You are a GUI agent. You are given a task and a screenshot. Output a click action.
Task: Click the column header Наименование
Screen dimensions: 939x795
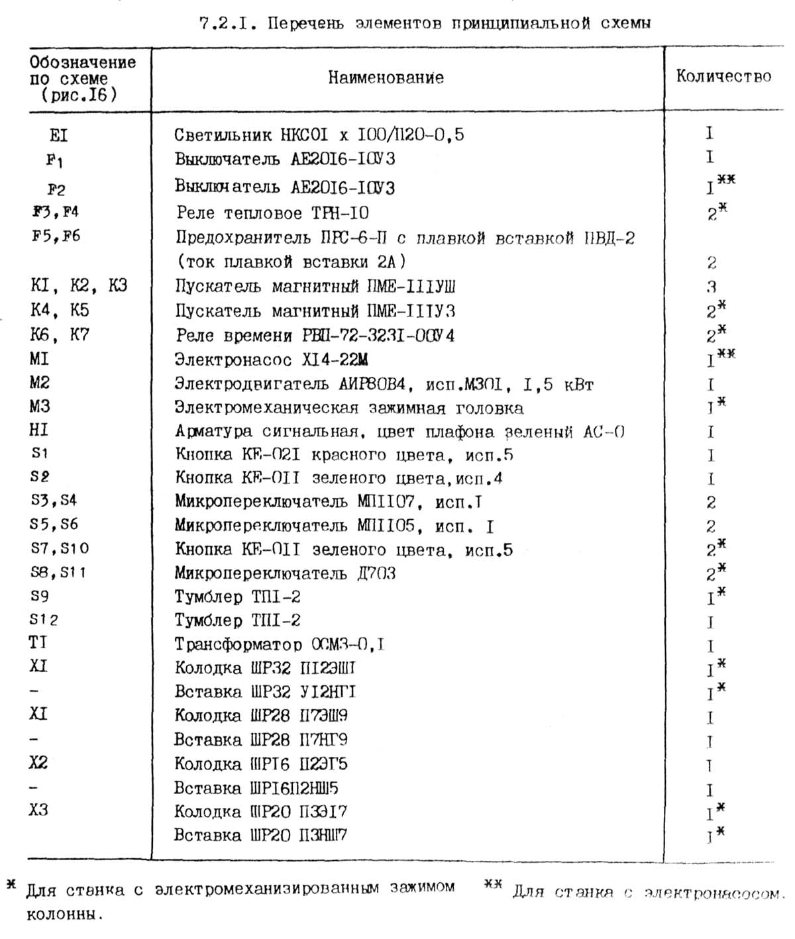coord(386,77)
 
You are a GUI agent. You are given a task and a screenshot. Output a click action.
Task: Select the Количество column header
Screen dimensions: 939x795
coord(723,76)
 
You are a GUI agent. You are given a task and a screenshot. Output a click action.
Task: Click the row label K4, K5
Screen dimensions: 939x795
coord(60,311)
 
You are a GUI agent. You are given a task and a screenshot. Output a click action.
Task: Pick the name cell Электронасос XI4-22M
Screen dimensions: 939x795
coord(271,360)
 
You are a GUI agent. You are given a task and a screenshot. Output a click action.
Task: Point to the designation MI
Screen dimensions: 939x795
coord(39,359)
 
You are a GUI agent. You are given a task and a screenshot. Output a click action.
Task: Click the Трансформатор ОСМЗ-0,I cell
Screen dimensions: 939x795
coord(280,644)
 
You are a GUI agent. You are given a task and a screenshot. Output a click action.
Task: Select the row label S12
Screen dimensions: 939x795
coord(44,620)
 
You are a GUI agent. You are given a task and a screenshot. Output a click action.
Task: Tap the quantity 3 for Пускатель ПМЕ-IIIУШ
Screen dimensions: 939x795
coord(711,287)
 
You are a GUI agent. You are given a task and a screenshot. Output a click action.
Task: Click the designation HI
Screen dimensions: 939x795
coord(39,430)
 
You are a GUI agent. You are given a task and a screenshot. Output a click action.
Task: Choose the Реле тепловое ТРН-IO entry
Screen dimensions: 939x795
coord(272,213)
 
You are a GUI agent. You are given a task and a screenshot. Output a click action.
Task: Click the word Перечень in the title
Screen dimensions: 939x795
coord(298,25)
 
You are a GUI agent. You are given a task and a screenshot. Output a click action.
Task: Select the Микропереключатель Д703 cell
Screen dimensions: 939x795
coord(285,573)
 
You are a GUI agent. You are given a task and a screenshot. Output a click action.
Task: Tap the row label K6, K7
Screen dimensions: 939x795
coord(60,335)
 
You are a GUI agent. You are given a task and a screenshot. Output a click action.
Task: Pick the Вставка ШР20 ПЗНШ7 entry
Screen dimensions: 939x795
coord(261,835)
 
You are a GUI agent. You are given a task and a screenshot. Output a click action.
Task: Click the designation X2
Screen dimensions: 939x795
coord(38,763)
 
